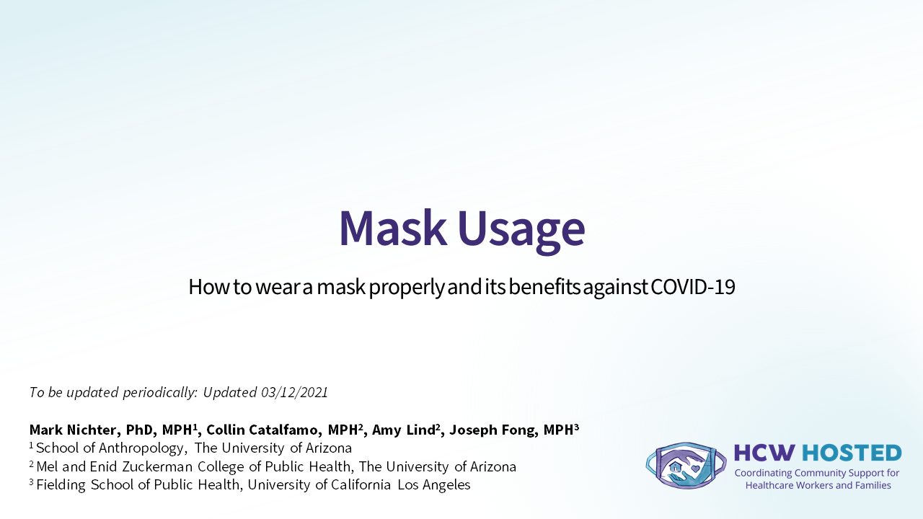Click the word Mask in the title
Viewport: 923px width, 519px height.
coord(393,228)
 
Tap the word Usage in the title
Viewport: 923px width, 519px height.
coord(521,231)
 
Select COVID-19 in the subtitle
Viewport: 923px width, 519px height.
coord(693,287)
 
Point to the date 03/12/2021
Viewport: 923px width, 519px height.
coord(294,392)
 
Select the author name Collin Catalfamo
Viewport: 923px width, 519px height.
coord(262,430)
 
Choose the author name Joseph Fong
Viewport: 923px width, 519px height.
coord(493,430)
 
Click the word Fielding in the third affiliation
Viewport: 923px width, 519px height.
coord(61,485)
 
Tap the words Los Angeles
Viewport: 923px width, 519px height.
coord(433,485)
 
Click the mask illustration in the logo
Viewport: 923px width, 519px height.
coord(686,465)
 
